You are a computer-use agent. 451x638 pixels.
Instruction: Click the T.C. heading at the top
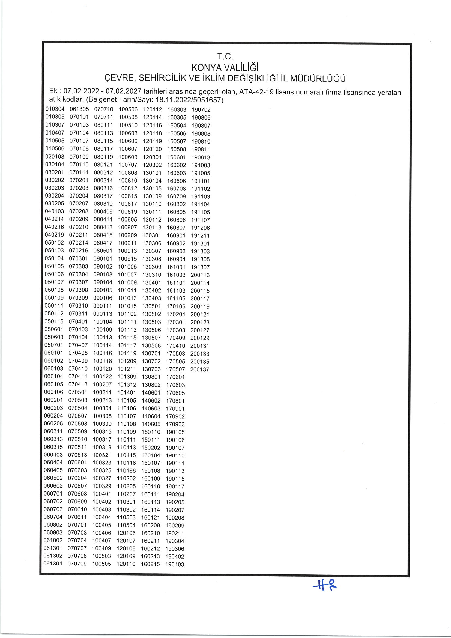[x=225, y=57]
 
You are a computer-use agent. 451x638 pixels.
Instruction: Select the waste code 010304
[x=55, y=109]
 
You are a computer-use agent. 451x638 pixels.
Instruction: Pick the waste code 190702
[x=201, y=110]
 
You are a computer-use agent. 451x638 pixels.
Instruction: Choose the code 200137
[x=199, y=369]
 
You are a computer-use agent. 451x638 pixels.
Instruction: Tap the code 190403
[x=175, y=564]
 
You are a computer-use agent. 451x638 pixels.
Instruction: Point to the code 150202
[x=151, y=448]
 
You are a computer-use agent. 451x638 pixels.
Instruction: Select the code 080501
[x=103, y=251]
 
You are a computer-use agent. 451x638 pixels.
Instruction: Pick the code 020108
[x=55, y=157]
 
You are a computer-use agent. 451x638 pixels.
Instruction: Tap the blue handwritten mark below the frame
[x=324, y=587]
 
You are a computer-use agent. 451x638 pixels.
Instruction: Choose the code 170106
[x=176, y=306]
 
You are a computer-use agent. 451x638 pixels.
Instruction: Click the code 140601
[x=151, y=393]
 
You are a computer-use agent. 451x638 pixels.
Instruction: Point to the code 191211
[x=200, y=236]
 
